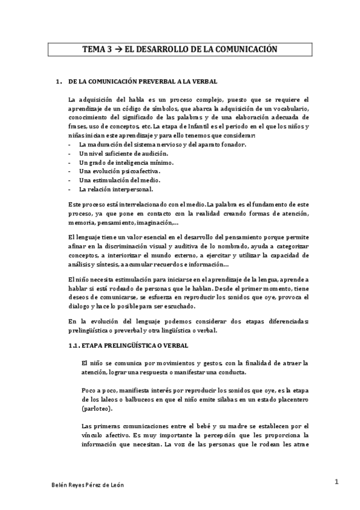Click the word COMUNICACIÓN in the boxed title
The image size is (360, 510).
[x=246, y=49]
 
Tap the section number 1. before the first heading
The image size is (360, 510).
[x=58, y=81]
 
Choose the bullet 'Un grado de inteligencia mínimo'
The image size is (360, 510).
[x=118, y=162]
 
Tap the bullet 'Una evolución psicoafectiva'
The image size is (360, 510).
[x=111, y=171]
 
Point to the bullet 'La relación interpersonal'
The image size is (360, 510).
[x=109, y=189]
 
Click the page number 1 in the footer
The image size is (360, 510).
[x=338, y=481]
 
